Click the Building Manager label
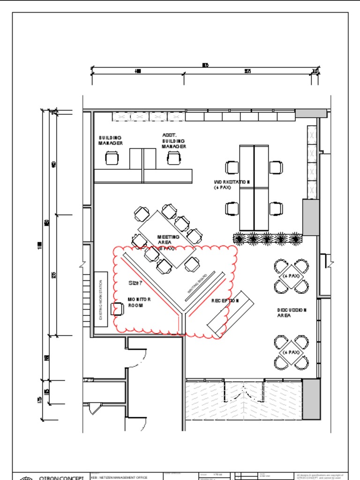coord(111,140)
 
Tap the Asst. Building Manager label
coord(174,141)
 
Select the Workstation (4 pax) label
coord(232,184)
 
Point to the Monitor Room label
coord(139,302)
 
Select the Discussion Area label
coord(292,313)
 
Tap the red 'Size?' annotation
coord(135,283)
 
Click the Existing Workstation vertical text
coord(101,300)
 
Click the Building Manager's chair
coord(112,158)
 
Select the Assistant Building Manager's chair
coord(173,158)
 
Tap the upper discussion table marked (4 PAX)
coord(291,276)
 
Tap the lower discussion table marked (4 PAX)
coord(291,352)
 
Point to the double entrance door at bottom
coord(244,392)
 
